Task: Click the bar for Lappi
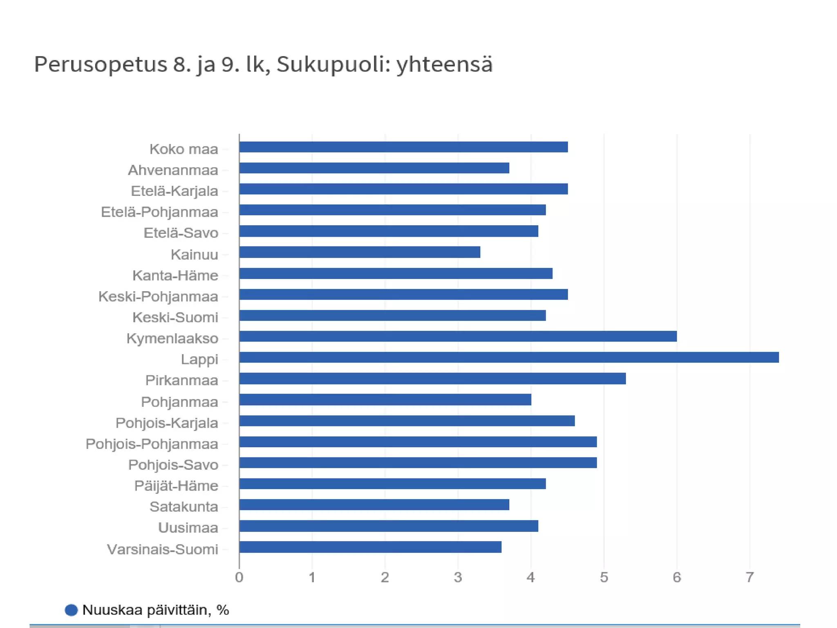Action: click(x=509, y=357)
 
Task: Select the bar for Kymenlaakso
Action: click(x=458, y=336)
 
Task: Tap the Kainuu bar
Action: click(x=360, y=252)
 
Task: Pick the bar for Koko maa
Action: click(x=403, y=147)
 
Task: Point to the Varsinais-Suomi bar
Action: click(x=370, y=547)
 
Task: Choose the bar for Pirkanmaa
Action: click(x=432, y=379)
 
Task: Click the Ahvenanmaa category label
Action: click(x=173, y=170)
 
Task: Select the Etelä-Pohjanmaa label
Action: click(x=159, y=212)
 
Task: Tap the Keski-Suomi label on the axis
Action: click(x=175, y=317)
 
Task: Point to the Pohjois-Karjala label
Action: click(x=167, y=423)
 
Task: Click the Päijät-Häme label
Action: click(x=176, y=486)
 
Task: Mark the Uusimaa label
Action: click(x=188, y=528)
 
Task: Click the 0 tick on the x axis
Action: click(x=239, y=577)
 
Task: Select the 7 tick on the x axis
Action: click(x=750, y=577)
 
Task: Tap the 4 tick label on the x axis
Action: click(x=531, y=577)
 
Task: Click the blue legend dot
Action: click(x=71, y=610)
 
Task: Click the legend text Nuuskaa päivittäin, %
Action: click(x=155, y=610)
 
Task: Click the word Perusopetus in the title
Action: click(x=101, y=65)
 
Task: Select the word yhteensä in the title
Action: click(x=444, y=65)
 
